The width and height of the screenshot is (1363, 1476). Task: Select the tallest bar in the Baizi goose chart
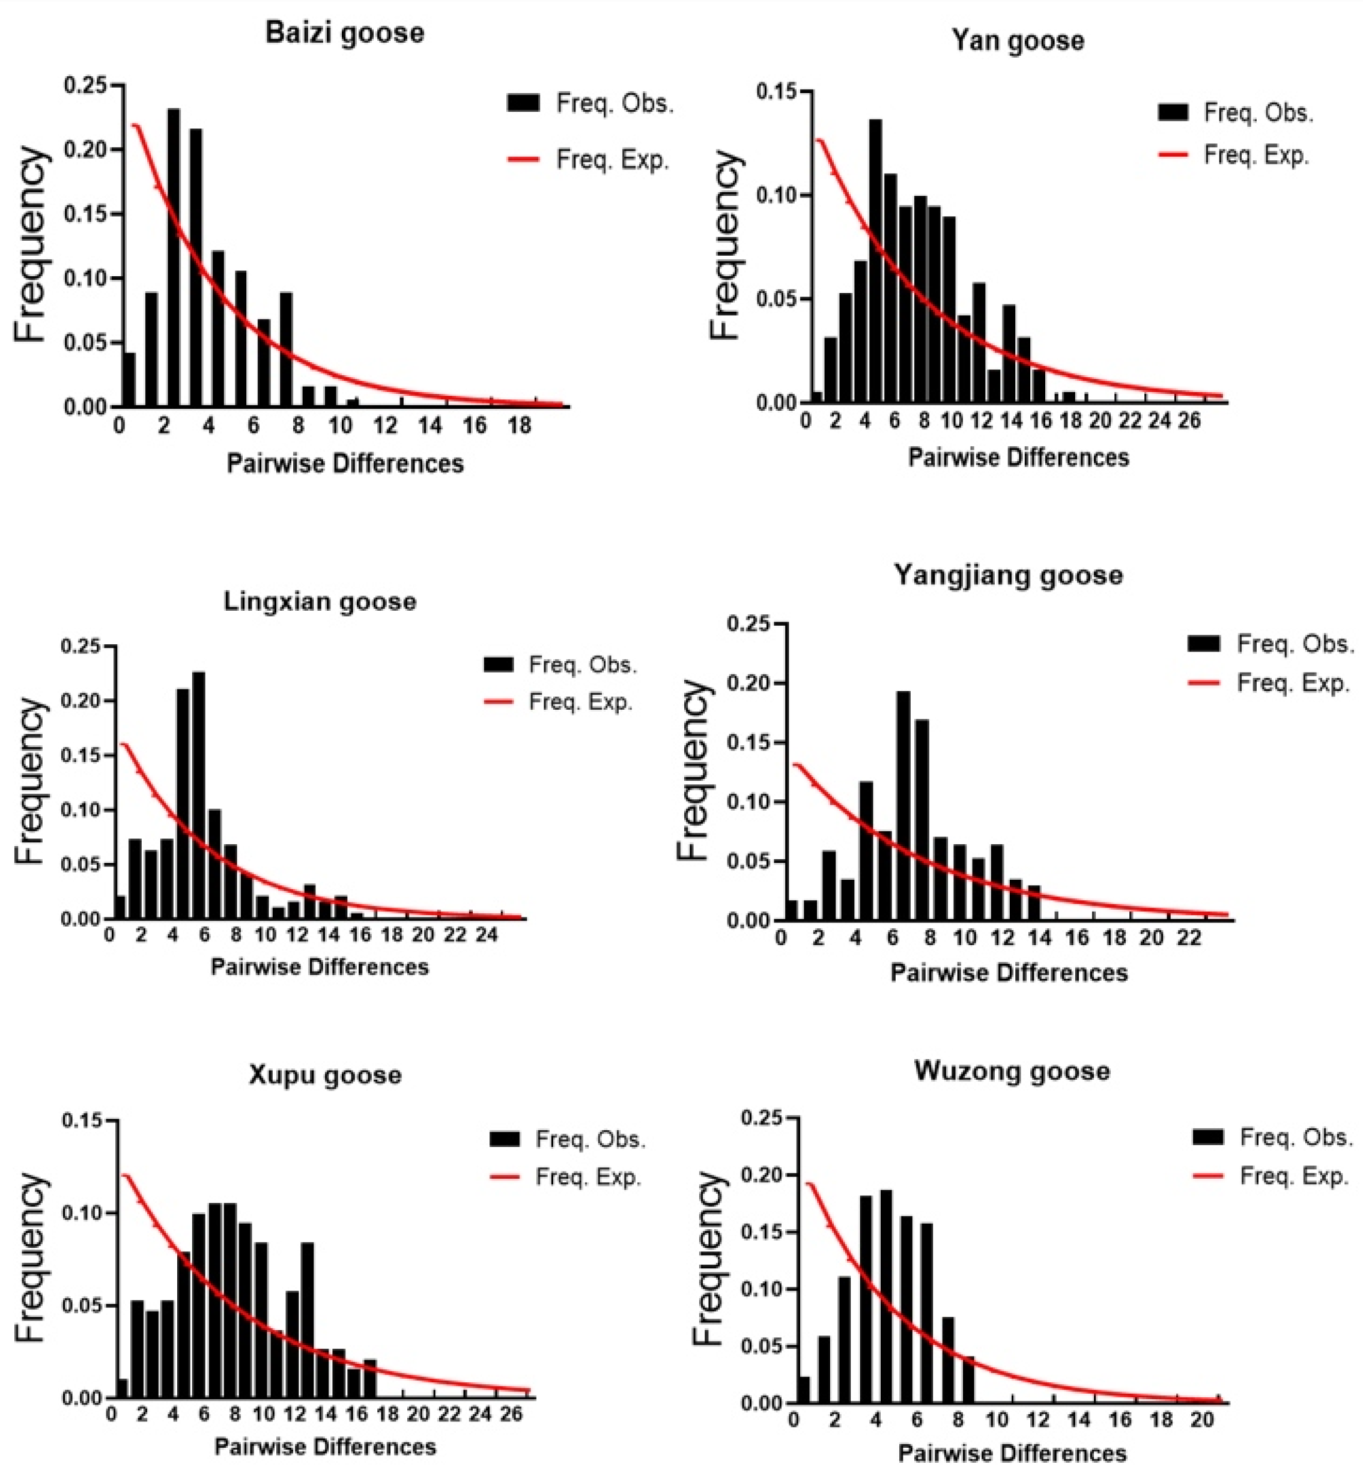(x=174, y=258)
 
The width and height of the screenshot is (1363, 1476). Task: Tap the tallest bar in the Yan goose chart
(x=875, y=262)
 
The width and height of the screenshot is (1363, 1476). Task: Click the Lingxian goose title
(x=320, y=602)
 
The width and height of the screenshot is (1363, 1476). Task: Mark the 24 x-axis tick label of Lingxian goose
(x=486, y=936)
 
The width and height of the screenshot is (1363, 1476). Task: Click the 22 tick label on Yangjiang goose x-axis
(x=1188, y=938)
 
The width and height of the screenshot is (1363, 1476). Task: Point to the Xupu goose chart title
(x=324, y=1075)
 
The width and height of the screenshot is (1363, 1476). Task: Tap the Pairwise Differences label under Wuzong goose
(x=1012, y=1453)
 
